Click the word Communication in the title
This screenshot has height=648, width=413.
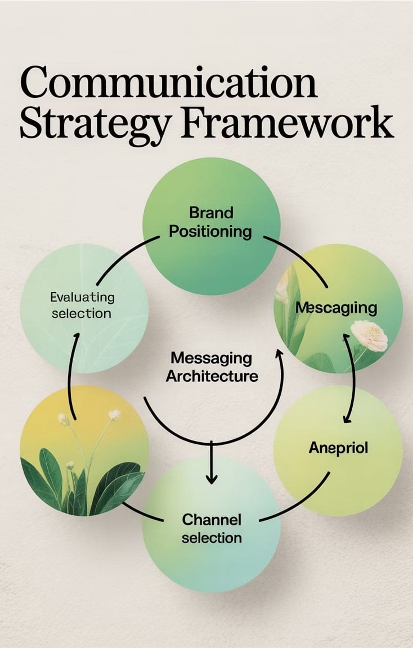[x=168, y=83]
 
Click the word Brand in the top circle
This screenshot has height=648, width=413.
[x=211, y=213]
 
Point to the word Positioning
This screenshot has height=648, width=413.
[x=211, y=231]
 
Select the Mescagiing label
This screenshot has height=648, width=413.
[x=336, y=308]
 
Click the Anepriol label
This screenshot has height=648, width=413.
[x=338, y=448]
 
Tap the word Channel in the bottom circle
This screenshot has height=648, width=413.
[x=212, y=519]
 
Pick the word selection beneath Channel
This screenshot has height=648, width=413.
[x=212, y=538]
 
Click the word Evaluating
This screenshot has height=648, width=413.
[x=82, y=296]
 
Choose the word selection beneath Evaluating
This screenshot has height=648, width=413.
[x=82, y=313]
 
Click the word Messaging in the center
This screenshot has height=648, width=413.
[x=211, y=358]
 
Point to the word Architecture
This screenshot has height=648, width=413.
[x=212, y=376]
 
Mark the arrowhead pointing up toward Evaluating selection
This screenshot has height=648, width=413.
[x=77, y=338]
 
